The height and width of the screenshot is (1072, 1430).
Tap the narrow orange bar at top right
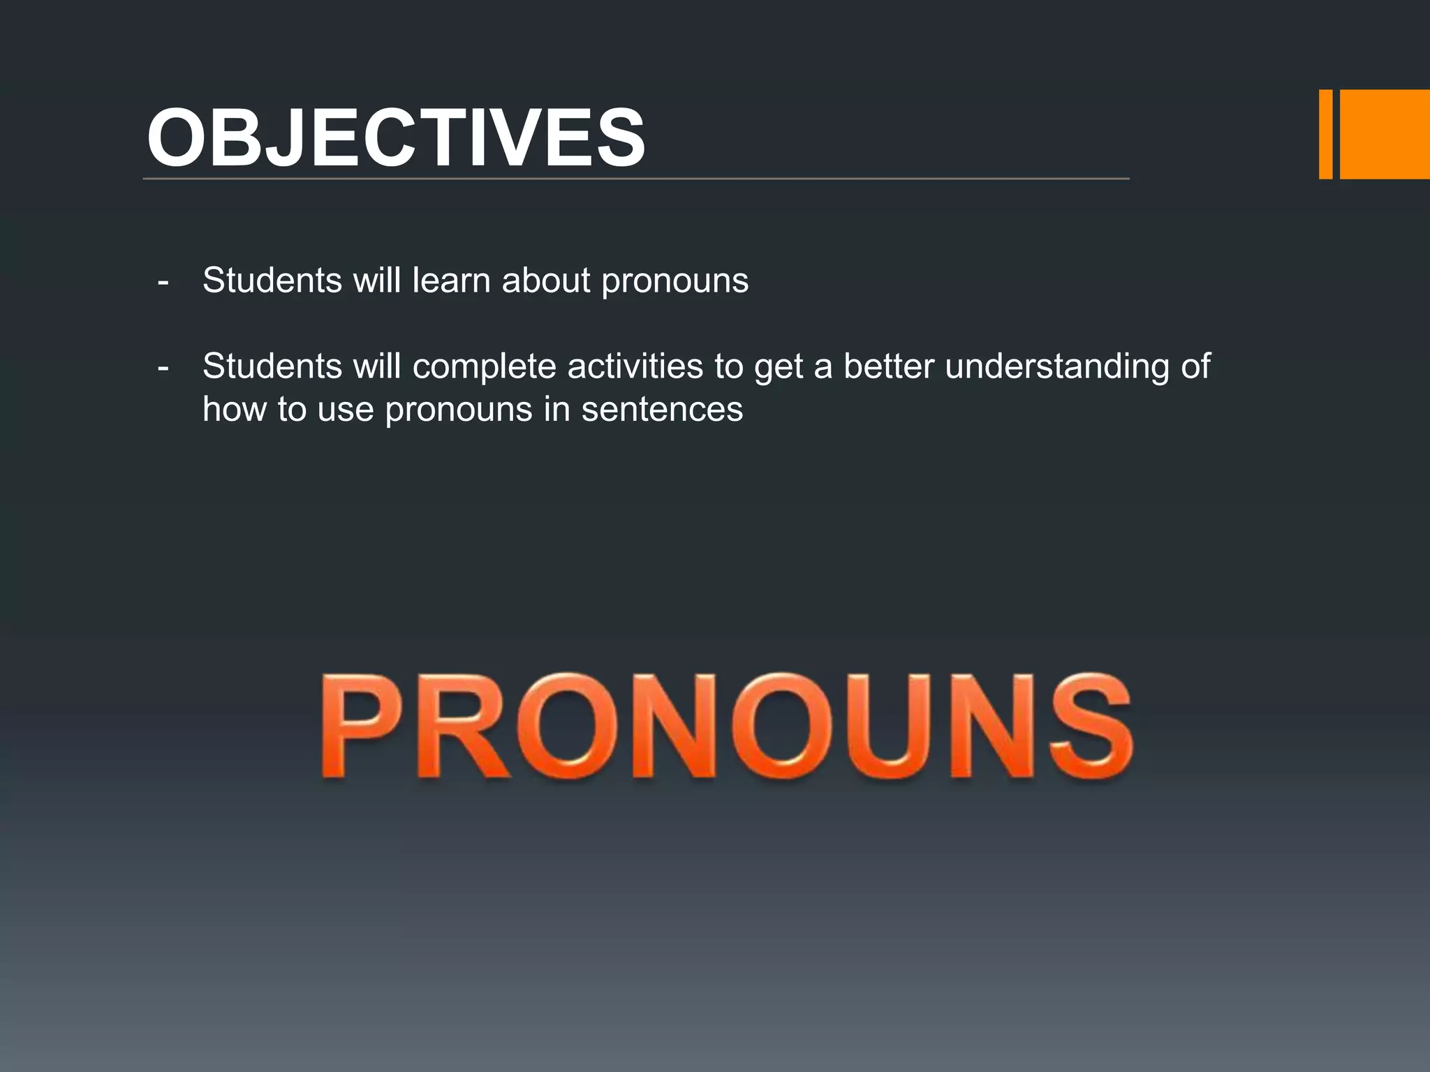[1325, 134]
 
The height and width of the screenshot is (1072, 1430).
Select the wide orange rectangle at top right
[1385, 134]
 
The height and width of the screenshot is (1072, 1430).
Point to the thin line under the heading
[635, 179]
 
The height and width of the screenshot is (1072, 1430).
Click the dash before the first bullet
[163, 283]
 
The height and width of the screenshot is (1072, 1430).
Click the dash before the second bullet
[163, 368]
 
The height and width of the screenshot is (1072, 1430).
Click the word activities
[635, 366]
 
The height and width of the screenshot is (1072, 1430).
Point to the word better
[888, 366]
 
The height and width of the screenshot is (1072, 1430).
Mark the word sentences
[662, 410]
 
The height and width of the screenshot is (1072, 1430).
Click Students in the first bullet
[272, 281]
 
